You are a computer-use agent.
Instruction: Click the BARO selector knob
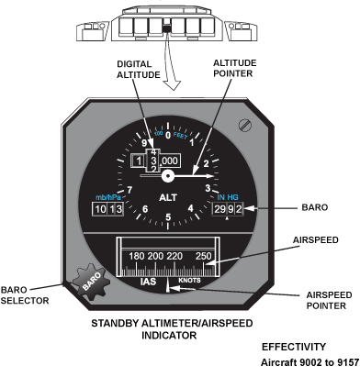pyautogui.click(x=91, y=281)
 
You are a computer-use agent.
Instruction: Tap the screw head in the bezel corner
pyautogui.click(x=245, y=126)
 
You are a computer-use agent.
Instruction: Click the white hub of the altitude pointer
pyautogui.click(x=168, y=176)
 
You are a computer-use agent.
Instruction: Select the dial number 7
pyautogui.click(x=129, y=190)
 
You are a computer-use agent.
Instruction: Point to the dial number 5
pyautogui.click(x=168, y=217)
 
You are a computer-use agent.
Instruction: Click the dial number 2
pyautogui.click(x=206, y=163)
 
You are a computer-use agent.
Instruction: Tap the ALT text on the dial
pyautogui.click(x=168, y=197)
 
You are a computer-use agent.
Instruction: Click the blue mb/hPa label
pyautogui.click(x=108, y=197)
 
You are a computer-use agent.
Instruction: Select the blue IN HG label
pyautogui.click(x=228, y=197)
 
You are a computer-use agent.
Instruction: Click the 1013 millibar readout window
pyautogui.click(x=108, y=209)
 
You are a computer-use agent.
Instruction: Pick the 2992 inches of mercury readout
pyautogui.click(x=228, y=209)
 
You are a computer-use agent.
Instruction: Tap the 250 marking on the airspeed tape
pyautogui.click(x=204, y=256)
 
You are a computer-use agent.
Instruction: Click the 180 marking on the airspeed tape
pyautogui.click(x=137, y=256)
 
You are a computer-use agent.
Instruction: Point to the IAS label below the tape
pyautogui.click(x=148, y=282)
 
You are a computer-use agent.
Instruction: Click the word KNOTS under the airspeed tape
pyautogui.click(x=189, y=280)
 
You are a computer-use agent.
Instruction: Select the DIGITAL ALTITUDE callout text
pyautogui.click(x=139, y=70)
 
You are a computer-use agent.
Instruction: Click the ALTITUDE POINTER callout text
pyautogui.click(x=234, y=68)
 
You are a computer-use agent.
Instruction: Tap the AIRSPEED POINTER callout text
pyautogui.click(x=329, y=300)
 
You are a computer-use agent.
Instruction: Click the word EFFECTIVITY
pyautogui.click(x=294, y=347)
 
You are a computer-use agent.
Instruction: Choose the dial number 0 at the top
pyautogui.click(x=168, y=135)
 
